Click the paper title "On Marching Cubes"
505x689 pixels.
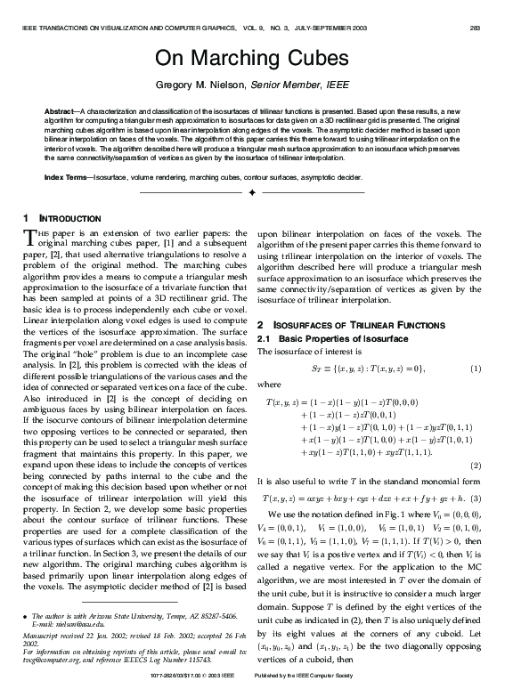tap(252, 59)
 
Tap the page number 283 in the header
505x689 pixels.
tap(475, 28)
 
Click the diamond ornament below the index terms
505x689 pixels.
tap(253, 192)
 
